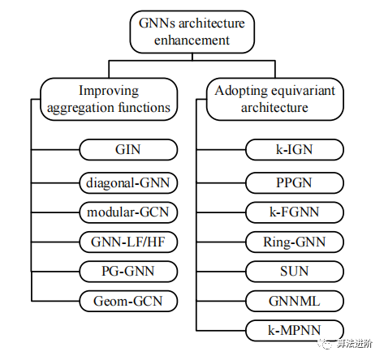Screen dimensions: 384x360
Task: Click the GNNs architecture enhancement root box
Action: (192, 32)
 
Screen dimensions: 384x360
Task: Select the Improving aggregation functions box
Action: (109, 99)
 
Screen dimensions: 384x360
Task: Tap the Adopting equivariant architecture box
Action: (275, 99)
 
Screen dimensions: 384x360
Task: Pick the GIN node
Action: (128, 149)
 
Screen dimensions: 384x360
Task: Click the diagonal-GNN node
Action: (128, 183)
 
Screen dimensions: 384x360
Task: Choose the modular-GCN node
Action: (128, 212)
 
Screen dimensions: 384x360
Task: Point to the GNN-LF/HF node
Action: (128, 242)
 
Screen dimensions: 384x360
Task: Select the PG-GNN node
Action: (128, 272)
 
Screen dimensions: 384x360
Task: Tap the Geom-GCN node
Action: (128, 301)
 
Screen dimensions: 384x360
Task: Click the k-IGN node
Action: (295, 149)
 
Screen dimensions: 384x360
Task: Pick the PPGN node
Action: (295, 183)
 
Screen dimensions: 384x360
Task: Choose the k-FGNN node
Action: (295, 212)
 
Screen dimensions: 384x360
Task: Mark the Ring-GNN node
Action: (295, 242)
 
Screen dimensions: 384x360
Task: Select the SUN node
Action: (295, 272)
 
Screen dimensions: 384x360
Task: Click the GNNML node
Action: (295, 301)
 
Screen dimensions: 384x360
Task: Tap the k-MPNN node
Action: (295, 330)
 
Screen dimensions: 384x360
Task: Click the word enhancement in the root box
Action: (192, 41)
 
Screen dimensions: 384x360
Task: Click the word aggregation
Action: (77, 108)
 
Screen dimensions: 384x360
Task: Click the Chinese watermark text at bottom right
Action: (355, 344)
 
